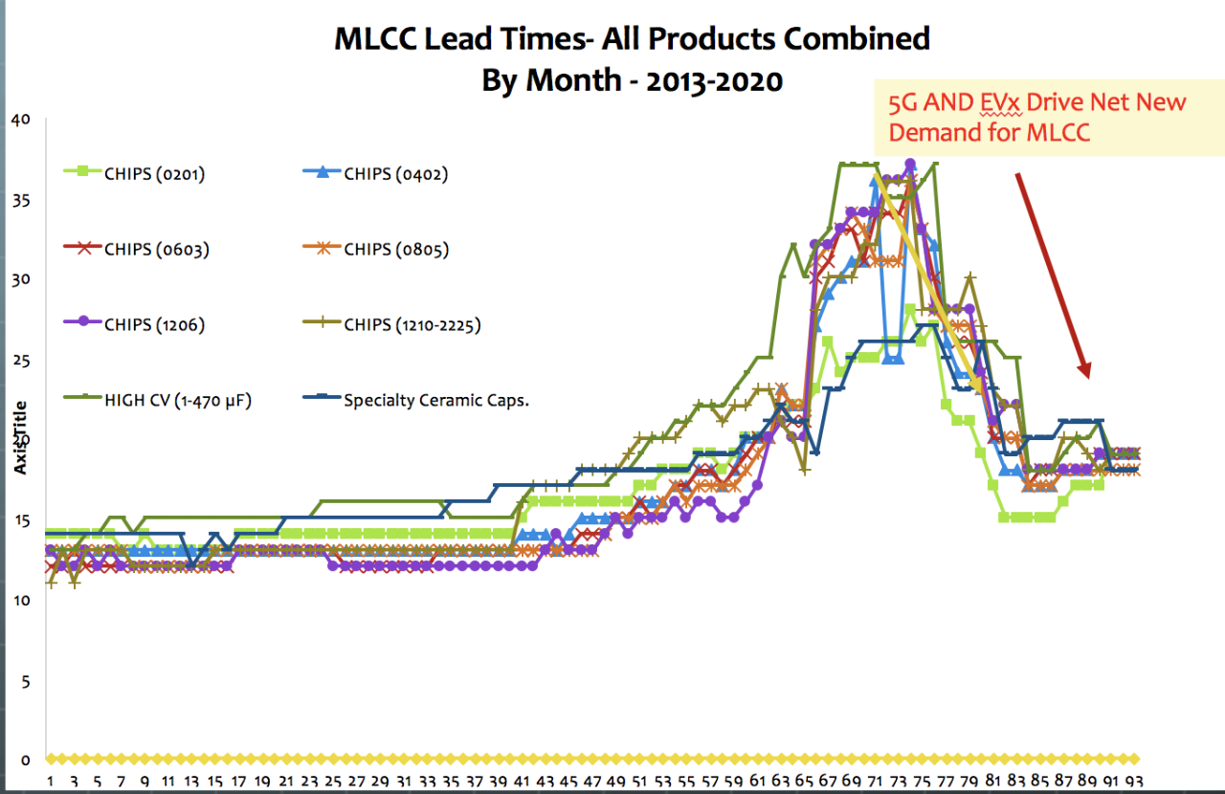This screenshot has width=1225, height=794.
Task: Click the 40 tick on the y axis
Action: [x=20, y=120]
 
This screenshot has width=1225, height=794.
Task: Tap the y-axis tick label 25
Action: [x=20, y=361]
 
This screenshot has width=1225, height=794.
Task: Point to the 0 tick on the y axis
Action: [x=27, y=761]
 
